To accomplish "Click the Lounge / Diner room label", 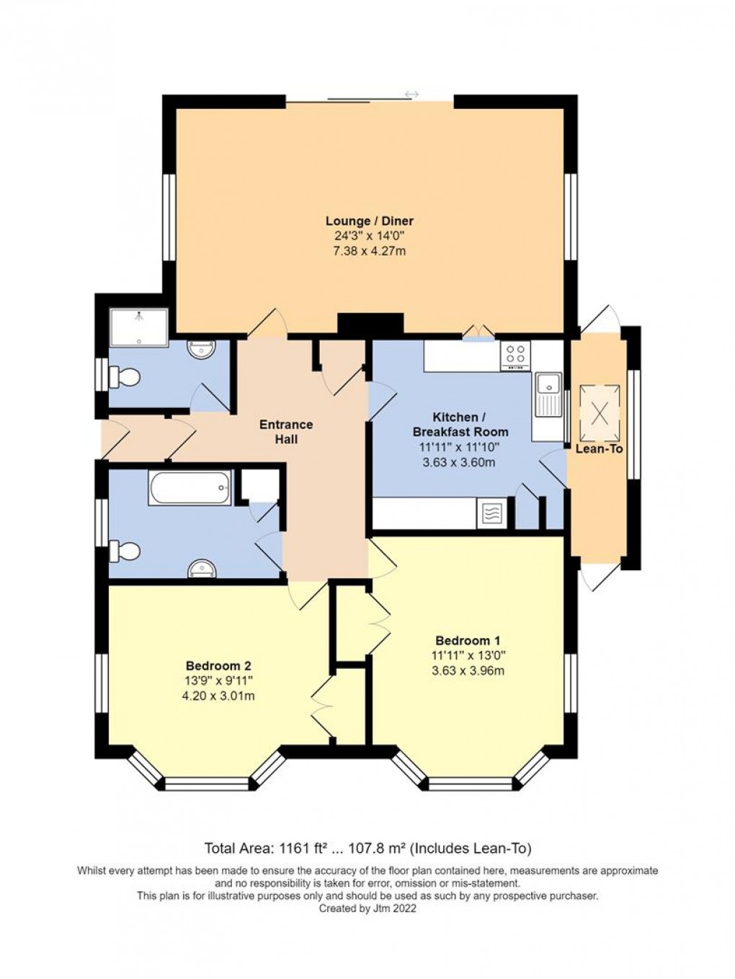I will [x=369, y=221].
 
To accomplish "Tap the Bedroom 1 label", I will [x=468, y=640].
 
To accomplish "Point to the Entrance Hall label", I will [x=286, y=432].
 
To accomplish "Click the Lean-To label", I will [x=599, y=448].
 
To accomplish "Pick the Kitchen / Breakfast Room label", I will [x=460, y=425].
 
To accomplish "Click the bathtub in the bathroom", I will [x=190, y=488].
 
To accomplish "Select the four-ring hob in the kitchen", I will [x=516, y=355].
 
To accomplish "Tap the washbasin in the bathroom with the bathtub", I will [x=202, y=570].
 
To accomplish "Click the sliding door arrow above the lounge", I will [x=411, y=94].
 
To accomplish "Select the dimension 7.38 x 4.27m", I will [x=369, y=252].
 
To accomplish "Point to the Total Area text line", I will [x=368, y=848].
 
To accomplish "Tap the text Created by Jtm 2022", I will [x=367, y=909].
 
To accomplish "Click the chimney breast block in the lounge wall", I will [x=370, y=324].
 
